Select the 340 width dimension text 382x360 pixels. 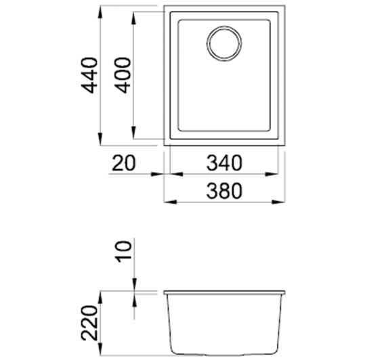pos(224,164)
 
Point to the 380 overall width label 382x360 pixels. pos(224,192)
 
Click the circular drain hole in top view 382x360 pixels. pos(224,43)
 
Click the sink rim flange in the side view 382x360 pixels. pos(224,292)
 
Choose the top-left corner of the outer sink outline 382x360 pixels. pos(166,7)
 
